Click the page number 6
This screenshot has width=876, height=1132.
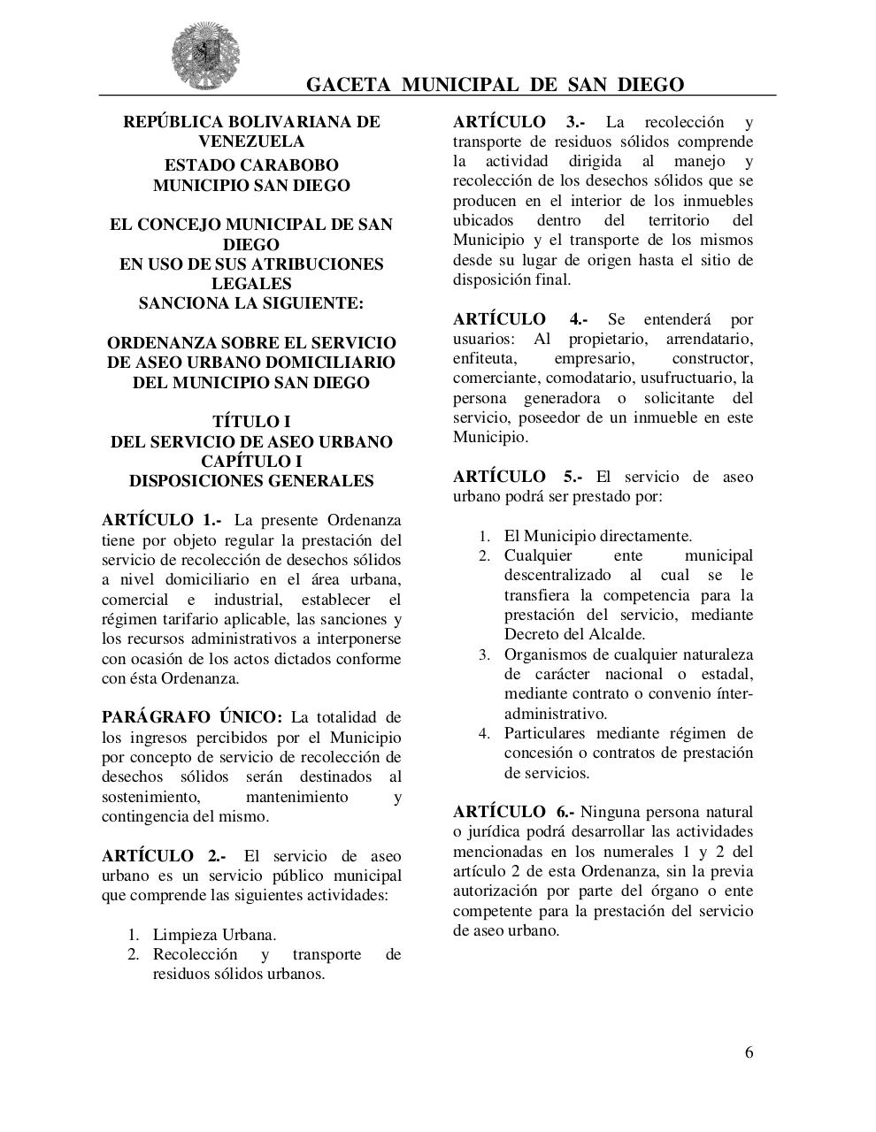pyautogui.click(x=749, y=1052)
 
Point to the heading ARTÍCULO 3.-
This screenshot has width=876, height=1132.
pyautogui.click(x=519, y=122)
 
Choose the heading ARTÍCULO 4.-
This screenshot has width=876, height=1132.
pyautogui.click(x=520, y=319)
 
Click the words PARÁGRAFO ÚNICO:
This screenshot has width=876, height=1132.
pyautogui.click(x=192, y=717)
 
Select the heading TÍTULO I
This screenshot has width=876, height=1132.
pyautogui.click(x=251, y=422)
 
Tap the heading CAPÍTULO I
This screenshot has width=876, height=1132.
pyautogui.click(x=251, y=462)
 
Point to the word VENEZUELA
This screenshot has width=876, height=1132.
pyautogui.click(x=251, y=141)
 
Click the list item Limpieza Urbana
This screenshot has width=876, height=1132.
pyautogui.click(x=214, y=935)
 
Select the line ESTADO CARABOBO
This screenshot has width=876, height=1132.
pyautogui.click(x=251, y=165)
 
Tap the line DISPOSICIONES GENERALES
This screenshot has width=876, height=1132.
pyautogui.click(x=251, y=481)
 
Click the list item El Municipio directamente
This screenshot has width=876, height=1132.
pyautogui.click(x=598, y=536)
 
